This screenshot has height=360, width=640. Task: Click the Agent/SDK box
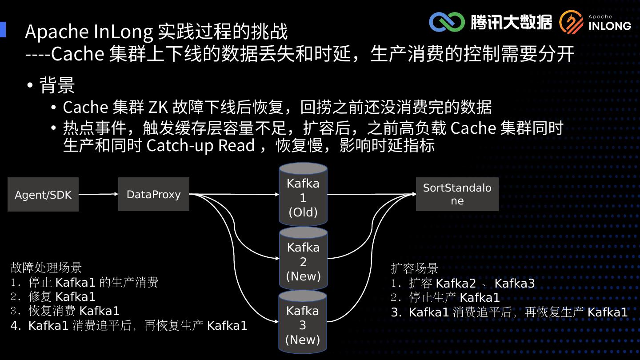pyautogui.click(x=43, y=195)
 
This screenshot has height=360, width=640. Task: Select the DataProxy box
pyautogui.click(x=153, y=194)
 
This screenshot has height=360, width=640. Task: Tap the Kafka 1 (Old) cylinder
pyautogui.click(x=303, y=196)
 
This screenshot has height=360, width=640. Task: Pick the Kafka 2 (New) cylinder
pyautogui.click(x=303, y=260)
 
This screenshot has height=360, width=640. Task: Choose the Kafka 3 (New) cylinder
pyautogui.click(x=303, y=324)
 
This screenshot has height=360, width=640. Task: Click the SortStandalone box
pyautogui.click(x=457, y=194)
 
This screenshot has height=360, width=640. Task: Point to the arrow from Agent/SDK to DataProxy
pyautogui.click(x=98, y=194)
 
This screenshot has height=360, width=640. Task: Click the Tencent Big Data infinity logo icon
pyautogui.click(x=446, y=22)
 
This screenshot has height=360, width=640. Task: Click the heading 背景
pyautogui.click(x=57, y=85)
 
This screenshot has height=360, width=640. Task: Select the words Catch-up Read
pyautogui.click(x=201, y=146)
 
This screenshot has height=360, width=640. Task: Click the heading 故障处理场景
pyautogui.click(x=46, y=268)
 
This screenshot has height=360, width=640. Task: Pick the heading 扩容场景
pyautogui.click(x=415, y=268)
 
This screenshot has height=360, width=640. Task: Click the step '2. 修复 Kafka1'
pyautogui.click(x=53, y=296)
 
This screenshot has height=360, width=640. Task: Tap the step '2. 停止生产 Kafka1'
pyautogui.click(x=445, y=297)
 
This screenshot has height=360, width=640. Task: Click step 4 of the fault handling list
pyautogui.click(x=129, y=325)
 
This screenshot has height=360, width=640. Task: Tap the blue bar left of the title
pyautogui.click(x=3, y=30)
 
